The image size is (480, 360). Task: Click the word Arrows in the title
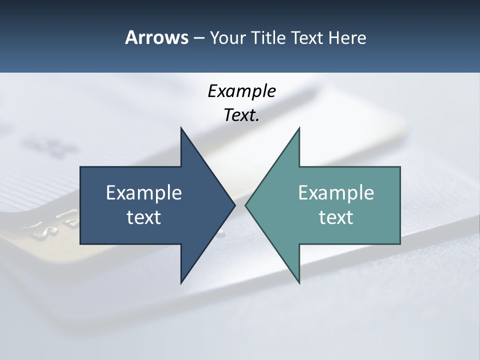click(156, 37)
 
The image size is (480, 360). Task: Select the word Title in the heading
click(268, 37)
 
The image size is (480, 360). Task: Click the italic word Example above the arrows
click(242, 91)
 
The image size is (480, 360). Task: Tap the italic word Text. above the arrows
click(242, 115)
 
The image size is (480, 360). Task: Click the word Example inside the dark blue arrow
click(144, 192)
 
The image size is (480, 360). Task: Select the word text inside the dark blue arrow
click(144, 217)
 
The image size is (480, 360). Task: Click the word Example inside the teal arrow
click(336, 192)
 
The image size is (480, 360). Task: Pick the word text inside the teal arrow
click(336, 217)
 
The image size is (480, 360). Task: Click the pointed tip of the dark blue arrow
click(234, 205)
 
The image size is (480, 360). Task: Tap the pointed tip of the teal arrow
click(246, 205)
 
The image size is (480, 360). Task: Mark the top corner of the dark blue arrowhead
click(181, 129)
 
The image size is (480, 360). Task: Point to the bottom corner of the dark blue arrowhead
click(181, 282)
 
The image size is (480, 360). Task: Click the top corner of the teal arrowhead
click(299, 129)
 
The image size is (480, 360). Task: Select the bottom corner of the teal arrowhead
click(299, 282)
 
